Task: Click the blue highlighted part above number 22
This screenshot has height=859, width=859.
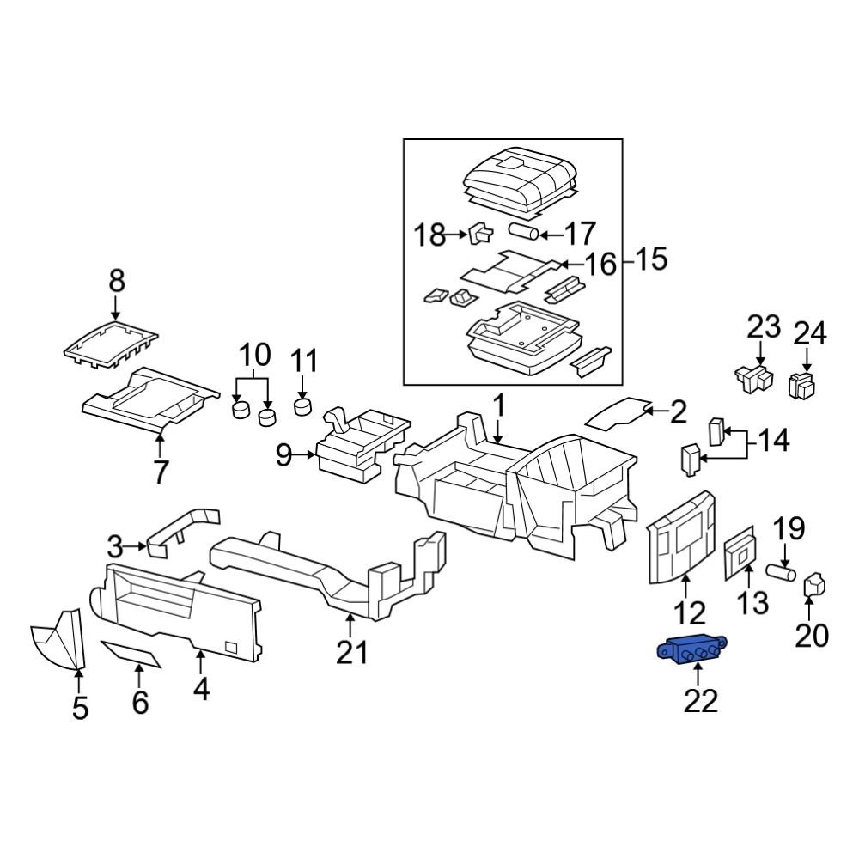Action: pos(691,650)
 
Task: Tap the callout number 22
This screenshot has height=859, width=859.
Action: pos(700,701)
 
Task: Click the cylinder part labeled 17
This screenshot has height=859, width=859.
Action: pos(523,232)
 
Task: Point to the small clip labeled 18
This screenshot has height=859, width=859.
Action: pos(479,232)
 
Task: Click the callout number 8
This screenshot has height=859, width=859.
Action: pos(116,281)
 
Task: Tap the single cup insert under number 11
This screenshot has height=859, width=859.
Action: pos(302,405)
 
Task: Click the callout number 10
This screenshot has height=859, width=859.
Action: pos(254,354)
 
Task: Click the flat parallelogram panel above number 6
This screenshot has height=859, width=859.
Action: pos(131,655)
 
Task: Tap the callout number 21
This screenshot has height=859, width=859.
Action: pos(351,653)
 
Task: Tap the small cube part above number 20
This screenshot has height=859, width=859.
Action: pos(813,587)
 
